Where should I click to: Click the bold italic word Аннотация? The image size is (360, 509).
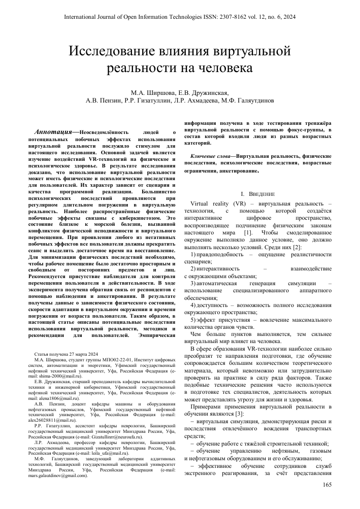coord(54,131)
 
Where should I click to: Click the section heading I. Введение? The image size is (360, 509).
coord(257,194)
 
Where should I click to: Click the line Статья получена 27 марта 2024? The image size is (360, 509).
coord(66,353)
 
